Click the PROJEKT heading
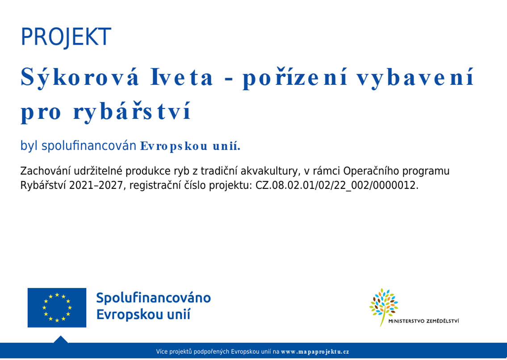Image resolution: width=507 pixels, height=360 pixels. (66, 37)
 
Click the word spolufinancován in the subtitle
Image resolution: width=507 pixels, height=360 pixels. (89, 146)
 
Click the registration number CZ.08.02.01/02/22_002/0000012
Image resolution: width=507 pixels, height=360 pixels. (337, 186)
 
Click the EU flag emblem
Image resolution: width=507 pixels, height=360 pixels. (57, 308)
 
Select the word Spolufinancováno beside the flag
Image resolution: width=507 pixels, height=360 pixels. (154, 297)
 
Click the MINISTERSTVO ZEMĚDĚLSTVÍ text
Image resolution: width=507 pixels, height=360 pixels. (423, 321)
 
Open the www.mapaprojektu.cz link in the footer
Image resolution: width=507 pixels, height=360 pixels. (315, 352)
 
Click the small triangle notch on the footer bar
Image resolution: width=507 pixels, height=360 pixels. (60, 339)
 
